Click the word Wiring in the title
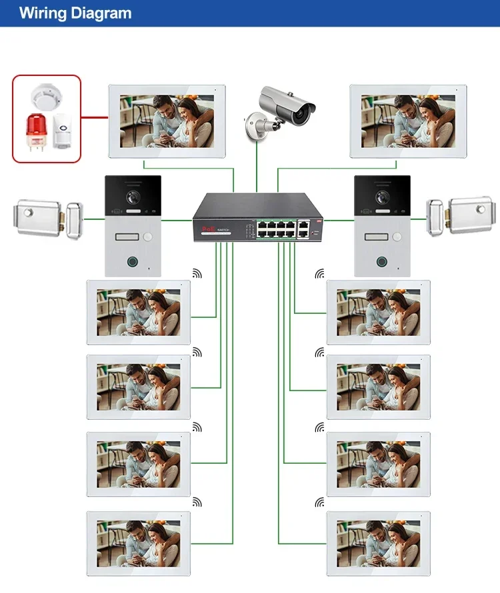[x=42, y=13]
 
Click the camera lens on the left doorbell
[x=130, y=198]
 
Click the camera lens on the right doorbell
[x=381, y=198]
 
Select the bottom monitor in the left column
[x=139, y=543]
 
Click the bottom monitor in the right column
[x=378, y=543]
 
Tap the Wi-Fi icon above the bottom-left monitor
[x=197, y=502]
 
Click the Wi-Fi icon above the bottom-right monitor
[x=319, y=502]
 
